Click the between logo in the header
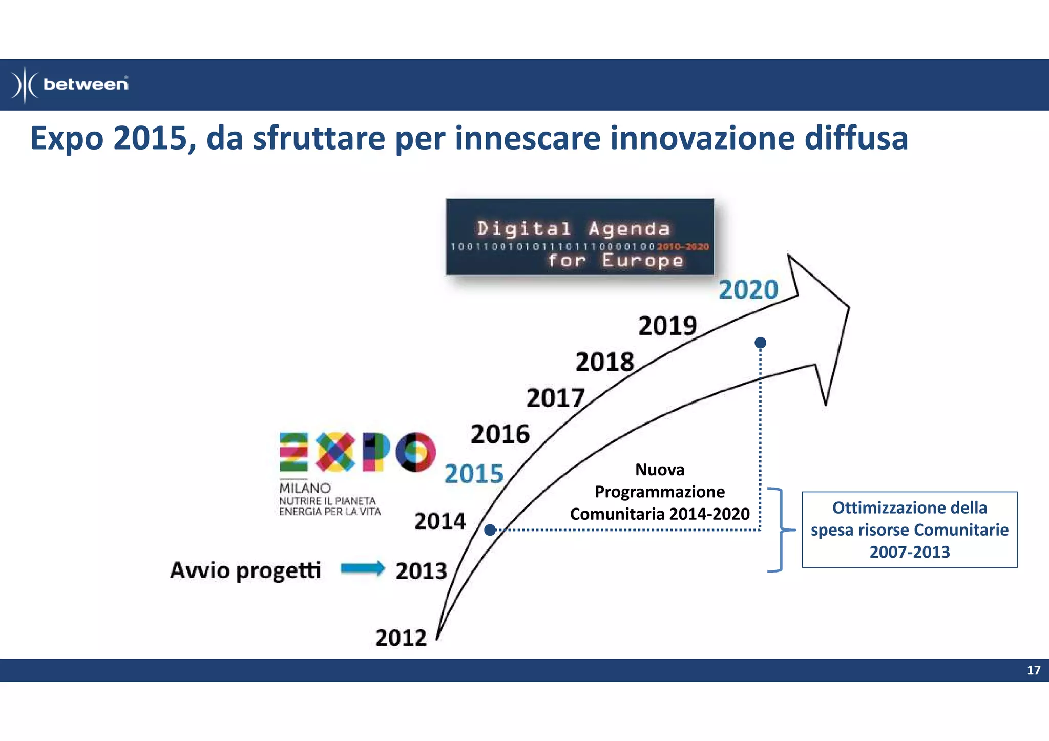70,84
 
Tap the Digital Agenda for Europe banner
579,238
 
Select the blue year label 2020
748,290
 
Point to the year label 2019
667,326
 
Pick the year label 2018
605,363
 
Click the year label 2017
555,398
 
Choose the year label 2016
500,435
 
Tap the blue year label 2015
474,474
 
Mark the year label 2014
440,522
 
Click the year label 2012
401,638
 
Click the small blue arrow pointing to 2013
363,568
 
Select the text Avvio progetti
245,570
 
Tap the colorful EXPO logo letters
357,452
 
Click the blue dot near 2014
490,530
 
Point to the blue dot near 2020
761,342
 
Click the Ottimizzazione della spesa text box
909,530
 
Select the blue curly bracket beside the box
780,530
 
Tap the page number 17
1033,670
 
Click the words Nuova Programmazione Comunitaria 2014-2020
660,492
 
